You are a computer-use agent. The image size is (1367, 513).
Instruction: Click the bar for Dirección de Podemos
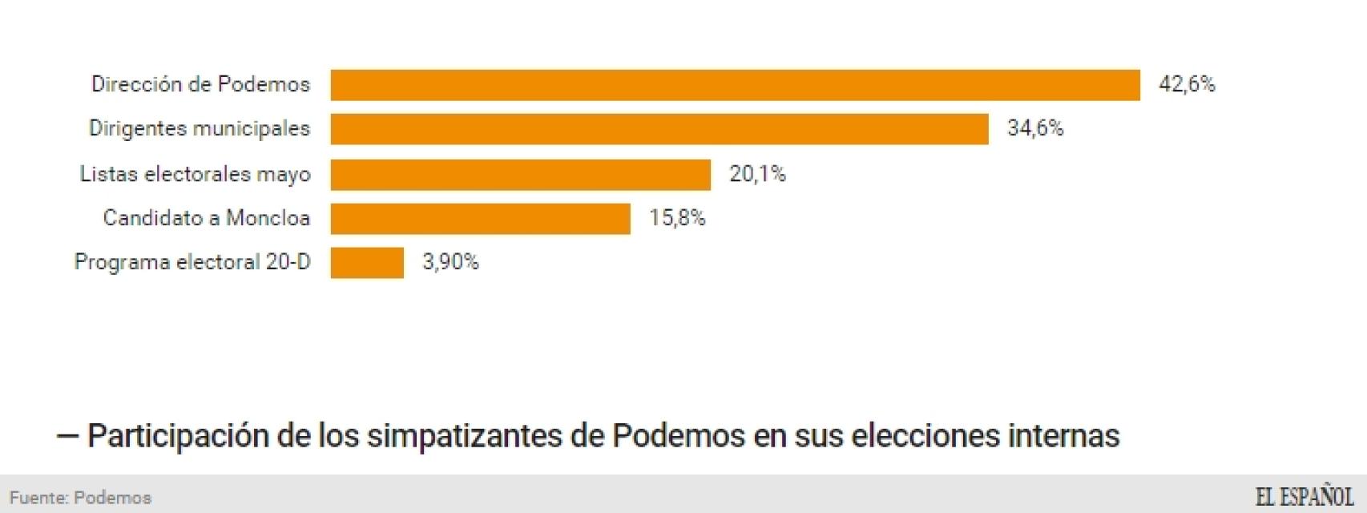tap(735, 85)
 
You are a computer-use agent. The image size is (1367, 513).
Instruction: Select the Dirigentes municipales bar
tap(659, 129)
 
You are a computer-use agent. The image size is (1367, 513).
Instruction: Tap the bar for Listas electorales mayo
tap(521, 174)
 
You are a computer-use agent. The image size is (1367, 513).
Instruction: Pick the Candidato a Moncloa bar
tap(481, 218)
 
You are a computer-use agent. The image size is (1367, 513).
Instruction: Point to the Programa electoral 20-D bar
tap(367, 263)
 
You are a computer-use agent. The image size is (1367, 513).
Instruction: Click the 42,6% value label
tap(1187, 84)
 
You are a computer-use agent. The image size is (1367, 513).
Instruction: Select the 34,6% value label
tap(1035, 128)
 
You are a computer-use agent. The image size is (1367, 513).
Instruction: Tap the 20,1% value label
tap(757, 173)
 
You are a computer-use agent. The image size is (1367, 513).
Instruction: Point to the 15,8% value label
tap(677, 218)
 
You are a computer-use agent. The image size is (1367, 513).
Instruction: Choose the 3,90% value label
tap(450, 262)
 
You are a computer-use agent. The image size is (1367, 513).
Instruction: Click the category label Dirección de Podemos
tap(200, 84)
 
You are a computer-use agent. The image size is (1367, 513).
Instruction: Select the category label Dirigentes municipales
tap(199, 128)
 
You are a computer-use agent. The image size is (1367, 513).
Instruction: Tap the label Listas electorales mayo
tap(195, 174)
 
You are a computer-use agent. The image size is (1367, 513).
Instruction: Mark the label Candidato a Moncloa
tap(206, 218)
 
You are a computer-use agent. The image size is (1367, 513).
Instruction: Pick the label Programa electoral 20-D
tap(192, 262)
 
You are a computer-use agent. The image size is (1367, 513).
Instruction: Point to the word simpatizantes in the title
tap(465, 436)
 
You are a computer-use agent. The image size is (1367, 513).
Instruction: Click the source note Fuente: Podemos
tap(80, 498)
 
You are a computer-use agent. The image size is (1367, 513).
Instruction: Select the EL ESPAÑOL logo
tap(1304, 497)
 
